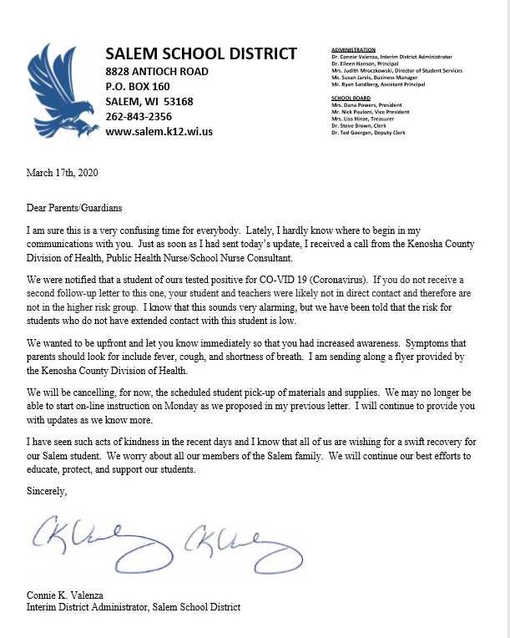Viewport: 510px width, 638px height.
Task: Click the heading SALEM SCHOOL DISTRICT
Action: point(201,54)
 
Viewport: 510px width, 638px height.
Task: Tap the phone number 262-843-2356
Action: point(139,116)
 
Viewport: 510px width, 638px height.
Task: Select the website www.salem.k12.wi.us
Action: point(159,131)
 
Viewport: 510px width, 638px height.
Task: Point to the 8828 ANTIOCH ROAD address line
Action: point(157,71)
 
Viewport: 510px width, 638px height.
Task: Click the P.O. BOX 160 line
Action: point(138,86)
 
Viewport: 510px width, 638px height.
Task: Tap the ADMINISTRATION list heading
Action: point(353,51)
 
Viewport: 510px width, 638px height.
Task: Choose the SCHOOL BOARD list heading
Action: point(351,98)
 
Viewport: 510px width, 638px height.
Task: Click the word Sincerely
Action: point(47,493)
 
